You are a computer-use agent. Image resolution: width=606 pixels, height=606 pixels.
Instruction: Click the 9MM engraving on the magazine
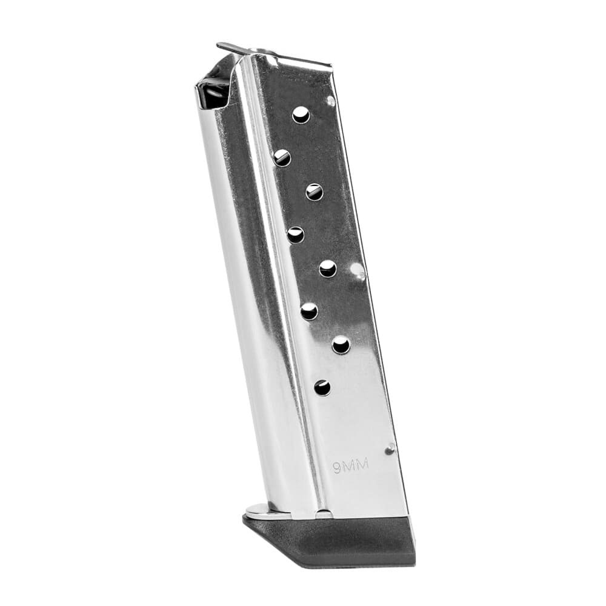[350, 467]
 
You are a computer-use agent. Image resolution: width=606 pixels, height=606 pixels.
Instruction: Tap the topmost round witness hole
[301, 115]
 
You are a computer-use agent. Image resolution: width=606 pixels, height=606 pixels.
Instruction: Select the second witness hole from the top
[282, 158]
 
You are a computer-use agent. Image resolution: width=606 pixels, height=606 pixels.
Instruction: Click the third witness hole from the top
[314, 192]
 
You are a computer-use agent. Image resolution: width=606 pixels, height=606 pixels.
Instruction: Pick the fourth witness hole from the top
[295, 235]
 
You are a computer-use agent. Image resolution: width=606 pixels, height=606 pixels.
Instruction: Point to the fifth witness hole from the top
[328, 268]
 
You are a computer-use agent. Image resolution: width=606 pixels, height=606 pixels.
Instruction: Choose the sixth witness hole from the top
[309, 311]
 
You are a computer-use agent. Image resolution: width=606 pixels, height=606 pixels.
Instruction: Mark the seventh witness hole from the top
[341, 345]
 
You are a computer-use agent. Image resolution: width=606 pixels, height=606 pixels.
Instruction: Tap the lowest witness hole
[322, 387]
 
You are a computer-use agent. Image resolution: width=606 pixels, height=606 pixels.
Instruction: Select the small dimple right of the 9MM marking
[390, 449]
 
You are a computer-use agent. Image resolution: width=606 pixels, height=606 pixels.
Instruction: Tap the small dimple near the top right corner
[330, 101]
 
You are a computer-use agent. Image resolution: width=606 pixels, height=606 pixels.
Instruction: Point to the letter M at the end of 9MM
[363, 467]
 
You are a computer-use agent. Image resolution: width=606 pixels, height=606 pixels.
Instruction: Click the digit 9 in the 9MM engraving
[336, 468]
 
